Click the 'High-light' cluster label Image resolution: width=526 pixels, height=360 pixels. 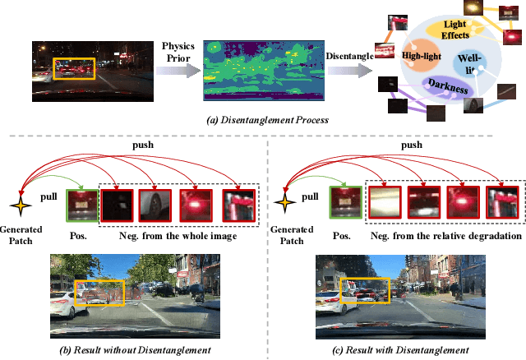click(x=422, y=55)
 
